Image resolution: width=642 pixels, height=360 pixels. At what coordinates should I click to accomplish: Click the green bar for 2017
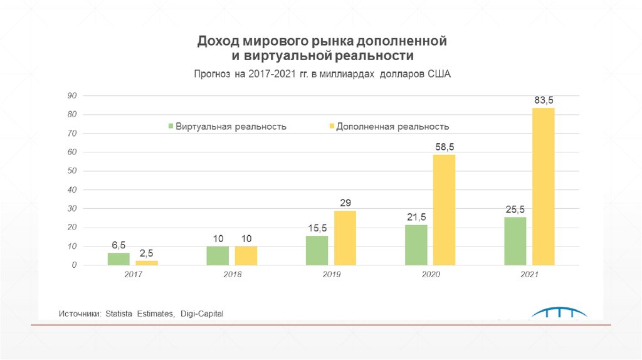118,258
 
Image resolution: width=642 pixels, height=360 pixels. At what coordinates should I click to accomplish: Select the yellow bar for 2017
147,263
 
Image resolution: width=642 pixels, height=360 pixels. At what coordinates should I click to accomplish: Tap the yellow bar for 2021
544,186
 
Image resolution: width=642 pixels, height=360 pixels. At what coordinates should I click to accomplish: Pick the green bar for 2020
416,245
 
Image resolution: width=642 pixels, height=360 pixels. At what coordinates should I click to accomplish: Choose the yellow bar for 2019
345,238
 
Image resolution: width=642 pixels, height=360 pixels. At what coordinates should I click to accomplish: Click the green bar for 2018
218,255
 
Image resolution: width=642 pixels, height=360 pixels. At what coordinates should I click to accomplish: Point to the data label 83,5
544,100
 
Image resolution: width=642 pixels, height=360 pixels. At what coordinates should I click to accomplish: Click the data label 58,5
445,146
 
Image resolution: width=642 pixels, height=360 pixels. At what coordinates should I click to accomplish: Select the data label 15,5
317,228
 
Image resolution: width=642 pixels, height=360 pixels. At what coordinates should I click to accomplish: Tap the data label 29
345,203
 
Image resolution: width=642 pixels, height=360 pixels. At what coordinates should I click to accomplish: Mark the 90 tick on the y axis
72,95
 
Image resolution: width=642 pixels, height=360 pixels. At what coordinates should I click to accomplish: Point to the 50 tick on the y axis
72,171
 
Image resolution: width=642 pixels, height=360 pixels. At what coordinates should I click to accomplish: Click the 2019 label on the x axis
332,275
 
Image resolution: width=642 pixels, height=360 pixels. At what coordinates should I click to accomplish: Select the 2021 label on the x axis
530,275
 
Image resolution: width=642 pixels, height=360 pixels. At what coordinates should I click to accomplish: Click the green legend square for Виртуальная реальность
170,126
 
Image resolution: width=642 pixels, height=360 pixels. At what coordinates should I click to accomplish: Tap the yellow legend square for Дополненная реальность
330,126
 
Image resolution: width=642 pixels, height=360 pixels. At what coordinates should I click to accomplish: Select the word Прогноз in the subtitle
212,73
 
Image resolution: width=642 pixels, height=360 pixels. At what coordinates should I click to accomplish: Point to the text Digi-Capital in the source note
202,313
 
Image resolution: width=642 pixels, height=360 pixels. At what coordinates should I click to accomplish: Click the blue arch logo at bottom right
559,314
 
